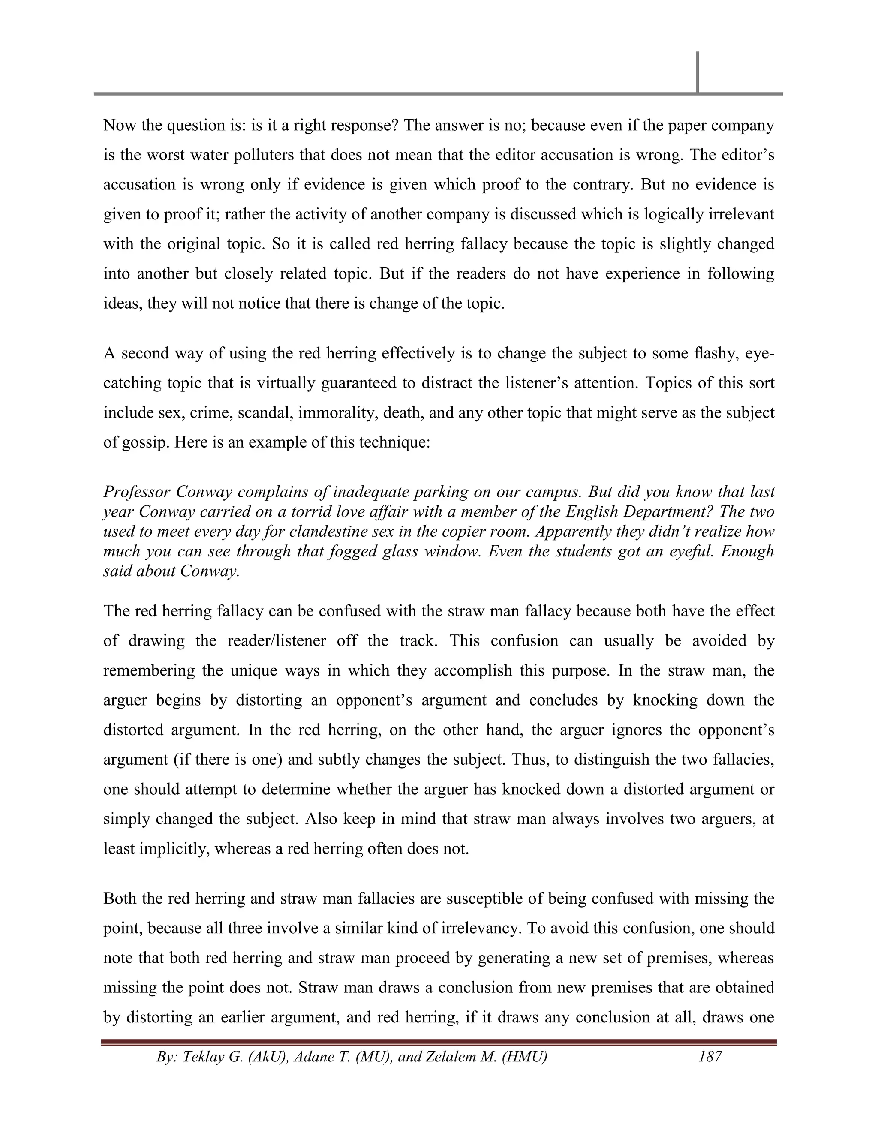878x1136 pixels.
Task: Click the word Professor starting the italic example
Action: tap(136, 492)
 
